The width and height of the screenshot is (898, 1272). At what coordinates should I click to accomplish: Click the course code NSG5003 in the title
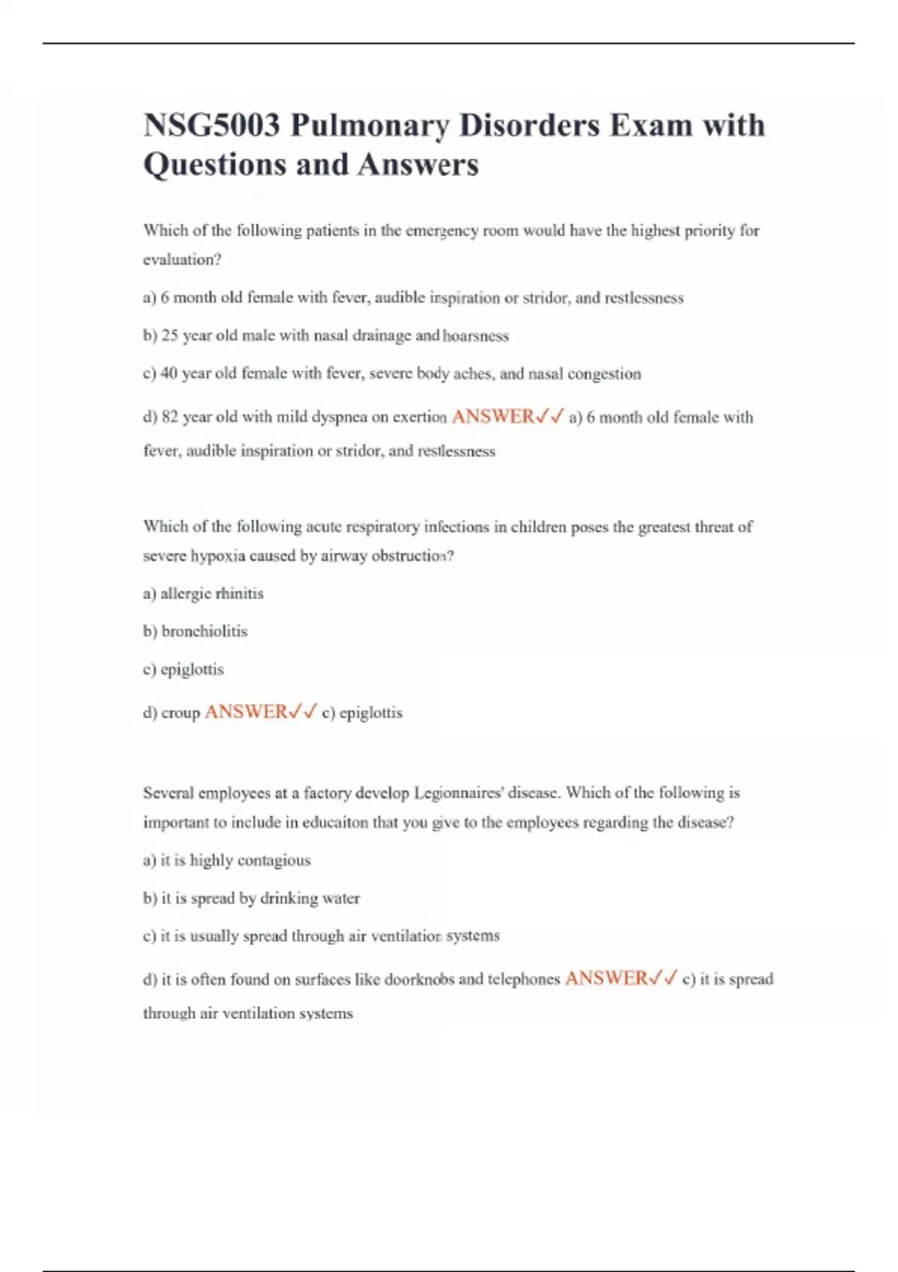coord(212,125)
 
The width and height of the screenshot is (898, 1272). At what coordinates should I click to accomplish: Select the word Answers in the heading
coord(418,165)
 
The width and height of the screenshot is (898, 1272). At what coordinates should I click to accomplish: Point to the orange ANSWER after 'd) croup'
coord(246,712)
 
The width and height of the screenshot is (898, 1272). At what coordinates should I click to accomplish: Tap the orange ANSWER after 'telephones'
coord(606,978)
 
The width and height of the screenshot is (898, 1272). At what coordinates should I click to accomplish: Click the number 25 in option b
coord(170,336)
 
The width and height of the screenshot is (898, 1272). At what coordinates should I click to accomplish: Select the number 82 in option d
coord(170,418)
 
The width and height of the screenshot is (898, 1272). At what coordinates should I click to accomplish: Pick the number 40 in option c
coord(169,373)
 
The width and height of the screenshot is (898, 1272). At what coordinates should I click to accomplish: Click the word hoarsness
coord(476,336)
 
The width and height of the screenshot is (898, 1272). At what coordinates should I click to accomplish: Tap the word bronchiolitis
coord(204,632)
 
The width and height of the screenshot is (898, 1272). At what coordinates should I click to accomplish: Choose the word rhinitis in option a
coord(239,593)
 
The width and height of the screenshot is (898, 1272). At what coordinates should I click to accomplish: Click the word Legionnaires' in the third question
coord(459,793)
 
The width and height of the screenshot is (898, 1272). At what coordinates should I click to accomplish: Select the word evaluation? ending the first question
coord(182,260)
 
